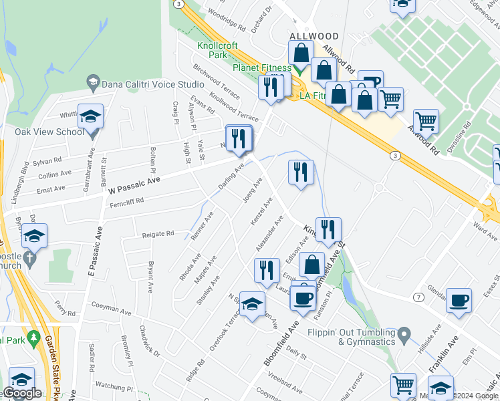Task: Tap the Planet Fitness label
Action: tap(261, 68)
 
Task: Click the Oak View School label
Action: tap(49, 132)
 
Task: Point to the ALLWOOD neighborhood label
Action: tap(314, 35)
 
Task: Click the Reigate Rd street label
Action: tap(158, 234)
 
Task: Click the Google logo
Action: tap(23, 393)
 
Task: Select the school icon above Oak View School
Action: tap(90, 116)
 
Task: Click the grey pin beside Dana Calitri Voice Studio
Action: tap(93, 83)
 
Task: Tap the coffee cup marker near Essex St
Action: tap(459, 300)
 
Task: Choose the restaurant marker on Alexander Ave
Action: tap(267, 270)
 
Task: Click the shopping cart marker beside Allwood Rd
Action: tap(426, 121)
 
